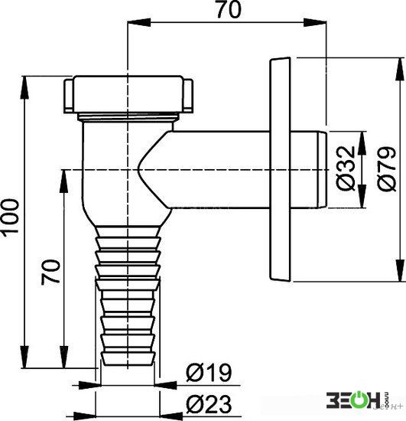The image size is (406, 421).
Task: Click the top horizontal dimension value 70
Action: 229,9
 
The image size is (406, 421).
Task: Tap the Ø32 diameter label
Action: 346,168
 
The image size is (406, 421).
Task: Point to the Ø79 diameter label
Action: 386,168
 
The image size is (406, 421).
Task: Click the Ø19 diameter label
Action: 209,373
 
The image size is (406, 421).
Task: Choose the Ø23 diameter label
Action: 209,404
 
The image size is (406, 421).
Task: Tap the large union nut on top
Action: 128,94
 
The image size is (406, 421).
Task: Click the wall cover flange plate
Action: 280,170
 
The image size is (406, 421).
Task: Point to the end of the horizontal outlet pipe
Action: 323,170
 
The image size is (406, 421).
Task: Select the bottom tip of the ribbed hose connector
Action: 128,364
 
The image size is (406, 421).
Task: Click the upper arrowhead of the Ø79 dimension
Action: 400,69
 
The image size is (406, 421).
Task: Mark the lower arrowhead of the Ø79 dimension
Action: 400,270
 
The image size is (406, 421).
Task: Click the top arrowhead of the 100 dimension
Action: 24,88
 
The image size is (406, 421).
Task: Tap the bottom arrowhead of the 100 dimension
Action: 24,357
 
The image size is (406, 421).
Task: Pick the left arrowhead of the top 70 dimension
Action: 139,22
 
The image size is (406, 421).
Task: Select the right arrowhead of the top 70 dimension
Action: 315,22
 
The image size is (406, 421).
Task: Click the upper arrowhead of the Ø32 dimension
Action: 362,143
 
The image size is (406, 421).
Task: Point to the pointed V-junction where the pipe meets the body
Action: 138,170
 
